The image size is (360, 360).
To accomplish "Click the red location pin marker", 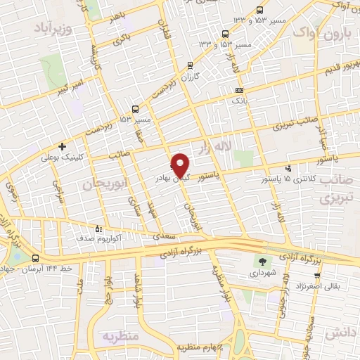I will click(181, 165).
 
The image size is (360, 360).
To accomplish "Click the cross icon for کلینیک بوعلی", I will click(63, 147).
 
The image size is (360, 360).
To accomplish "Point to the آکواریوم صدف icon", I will click(98, 229).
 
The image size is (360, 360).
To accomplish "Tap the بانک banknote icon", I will click(240, 90).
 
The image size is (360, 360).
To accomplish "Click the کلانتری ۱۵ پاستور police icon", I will click(289, 167).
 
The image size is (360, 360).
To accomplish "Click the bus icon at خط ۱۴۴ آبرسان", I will click(35, 259).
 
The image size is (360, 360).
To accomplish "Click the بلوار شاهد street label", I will click(130, 289).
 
